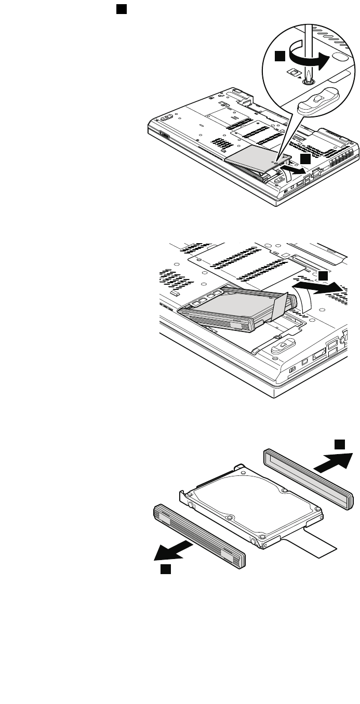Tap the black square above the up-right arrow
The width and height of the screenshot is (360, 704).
pyautogui.click(x=339, y=444)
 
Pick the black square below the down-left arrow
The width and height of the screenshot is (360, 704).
pyautogui.click(x=165, y=570)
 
